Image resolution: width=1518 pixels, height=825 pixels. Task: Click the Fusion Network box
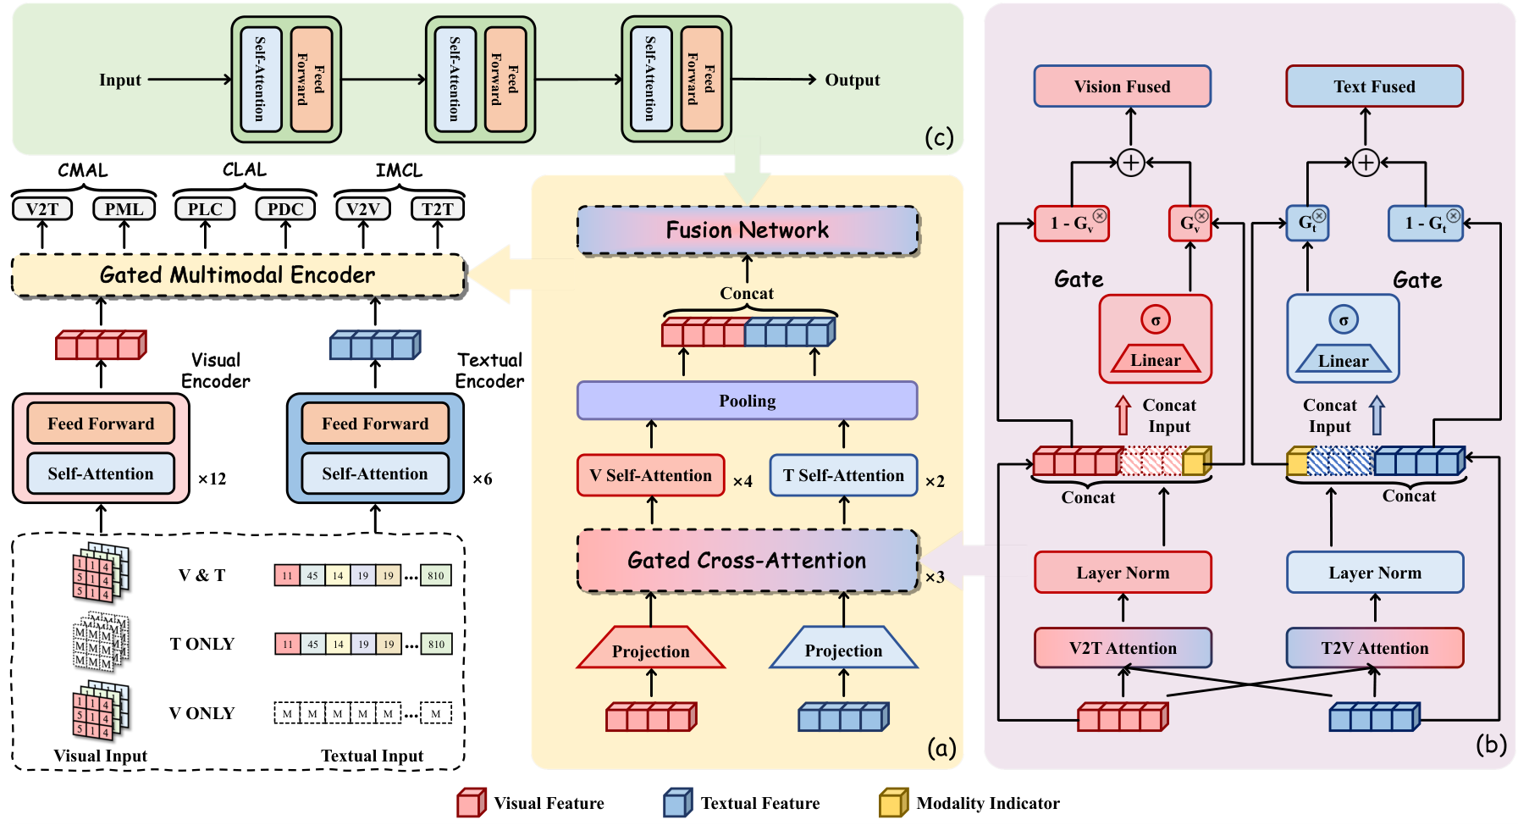[748, 230]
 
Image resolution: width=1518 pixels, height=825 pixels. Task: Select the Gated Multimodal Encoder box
[238, 275]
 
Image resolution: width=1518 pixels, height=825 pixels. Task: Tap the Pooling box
[747, 401]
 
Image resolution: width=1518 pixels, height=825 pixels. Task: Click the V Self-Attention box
[650, 475]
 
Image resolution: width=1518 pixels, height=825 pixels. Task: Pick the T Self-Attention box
[843, 475]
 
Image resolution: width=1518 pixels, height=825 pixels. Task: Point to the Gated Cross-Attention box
[747, 561]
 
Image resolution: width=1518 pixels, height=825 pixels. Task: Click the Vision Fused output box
[1122, 86]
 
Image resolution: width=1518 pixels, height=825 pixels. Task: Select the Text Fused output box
[1374, 86]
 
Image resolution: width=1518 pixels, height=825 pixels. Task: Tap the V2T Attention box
[1123, 648]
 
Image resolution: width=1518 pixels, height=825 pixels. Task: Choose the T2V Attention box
[1374, 648]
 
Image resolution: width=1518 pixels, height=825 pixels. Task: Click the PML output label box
[124, 209]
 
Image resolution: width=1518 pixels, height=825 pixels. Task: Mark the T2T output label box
[438, 209]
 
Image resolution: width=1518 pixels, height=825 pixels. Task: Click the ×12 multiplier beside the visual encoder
[212, 479]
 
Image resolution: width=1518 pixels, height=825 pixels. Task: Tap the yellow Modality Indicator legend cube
[893, 802]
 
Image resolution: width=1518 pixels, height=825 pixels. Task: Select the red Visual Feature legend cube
[471, 802]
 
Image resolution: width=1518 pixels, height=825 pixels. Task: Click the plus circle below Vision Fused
[1131, 163]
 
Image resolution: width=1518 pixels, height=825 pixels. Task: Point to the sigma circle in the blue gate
[1343, 320]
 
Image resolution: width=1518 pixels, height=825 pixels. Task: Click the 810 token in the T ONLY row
[436, 645]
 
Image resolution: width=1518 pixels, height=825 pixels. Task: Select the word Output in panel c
[852, 80]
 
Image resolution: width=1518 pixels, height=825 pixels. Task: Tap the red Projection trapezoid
[650, 649]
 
